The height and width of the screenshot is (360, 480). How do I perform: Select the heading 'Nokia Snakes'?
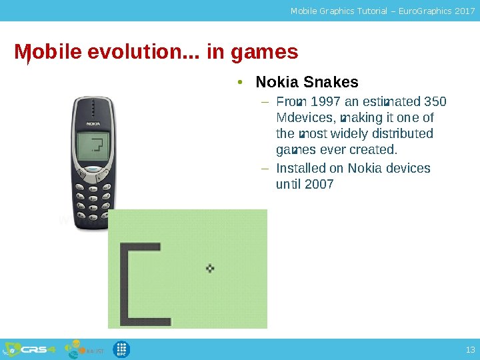click(x=307, y=83)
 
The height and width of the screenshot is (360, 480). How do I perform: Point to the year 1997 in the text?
click(x=324, y=102)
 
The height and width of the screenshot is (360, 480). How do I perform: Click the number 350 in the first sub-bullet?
click(x=435, y=102)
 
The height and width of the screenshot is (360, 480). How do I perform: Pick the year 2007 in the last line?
click(x=319, y=184)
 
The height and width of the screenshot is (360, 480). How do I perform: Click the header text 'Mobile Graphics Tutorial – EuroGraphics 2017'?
click(x=383, y=11)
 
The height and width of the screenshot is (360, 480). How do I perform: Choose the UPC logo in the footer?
click(x=122, y=349)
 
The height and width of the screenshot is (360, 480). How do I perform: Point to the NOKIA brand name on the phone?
click(x=93, y=124)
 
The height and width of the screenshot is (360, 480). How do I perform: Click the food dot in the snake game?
click(x=210, y=268)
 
